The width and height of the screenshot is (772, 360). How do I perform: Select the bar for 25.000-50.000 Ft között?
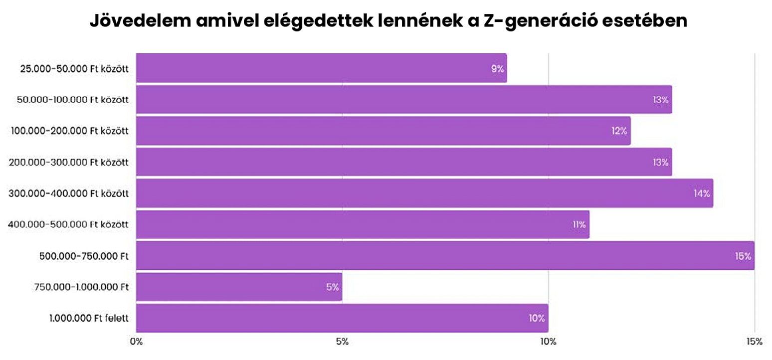[x=321, y=68]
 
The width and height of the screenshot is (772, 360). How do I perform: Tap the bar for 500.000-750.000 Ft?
[x=445, y=256]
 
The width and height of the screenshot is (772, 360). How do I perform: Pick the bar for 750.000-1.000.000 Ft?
[x=239, y=287]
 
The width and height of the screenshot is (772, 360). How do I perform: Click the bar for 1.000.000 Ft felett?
[x=342, y=318]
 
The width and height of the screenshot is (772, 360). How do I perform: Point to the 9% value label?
[x=497, y=69]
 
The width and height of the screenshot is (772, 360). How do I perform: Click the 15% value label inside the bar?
[x=743, y=256]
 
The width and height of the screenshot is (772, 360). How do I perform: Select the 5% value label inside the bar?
[x=333, y=287]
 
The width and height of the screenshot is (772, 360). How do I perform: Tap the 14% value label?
[x=701, y=193]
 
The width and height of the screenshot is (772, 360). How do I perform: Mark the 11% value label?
[x=579, y=225]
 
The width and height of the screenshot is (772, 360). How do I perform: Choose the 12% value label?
[x=619, y=131]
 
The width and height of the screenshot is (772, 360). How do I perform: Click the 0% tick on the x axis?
[x=136, y=342]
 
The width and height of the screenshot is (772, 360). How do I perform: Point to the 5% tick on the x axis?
[x=342, y=342]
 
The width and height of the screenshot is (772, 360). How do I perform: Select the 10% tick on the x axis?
[x=548, y=342]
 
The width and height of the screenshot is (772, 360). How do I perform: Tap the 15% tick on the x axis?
[x=754, y=342]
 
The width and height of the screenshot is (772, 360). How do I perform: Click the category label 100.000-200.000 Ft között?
[x=70, y=131]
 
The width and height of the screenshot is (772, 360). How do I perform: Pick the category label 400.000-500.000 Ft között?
[x=68, y=225]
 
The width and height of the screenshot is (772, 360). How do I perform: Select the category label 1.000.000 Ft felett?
[x=89, y=318]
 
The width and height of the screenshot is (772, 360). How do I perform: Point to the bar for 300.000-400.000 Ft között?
[x=424, y=193]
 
